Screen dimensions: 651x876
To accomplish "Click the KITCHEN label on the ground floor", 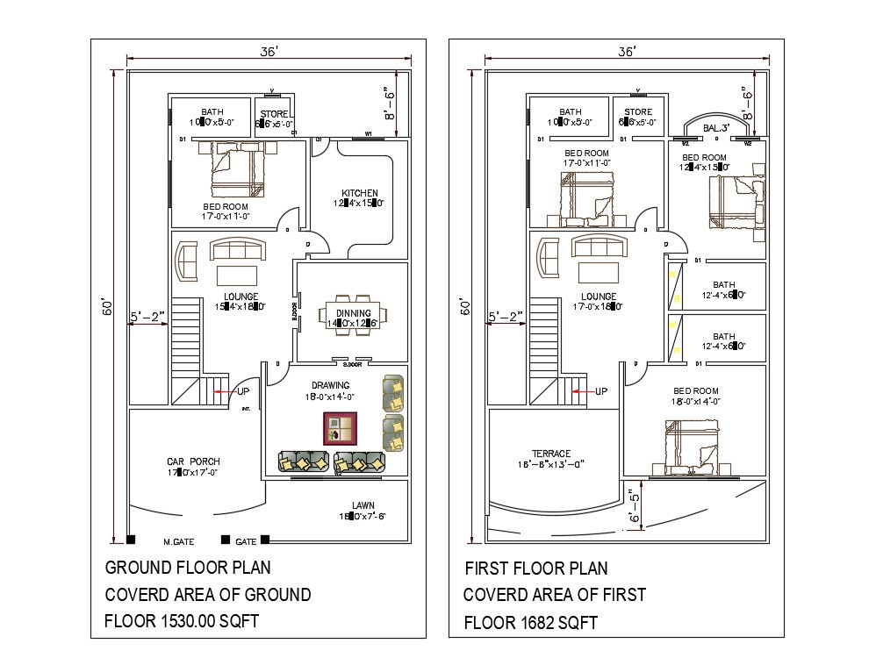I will [x=360, y=193].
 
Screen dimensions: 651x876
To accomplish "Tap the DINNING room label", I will [x=349, y=313].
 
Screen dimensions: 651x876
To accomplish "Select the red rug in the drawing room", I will [x=338, y=429].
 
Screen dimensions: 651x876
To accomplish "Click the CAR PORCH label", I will [x=193, y=461].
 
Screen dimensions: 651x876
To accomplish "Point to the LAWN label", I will [x=364, y=504].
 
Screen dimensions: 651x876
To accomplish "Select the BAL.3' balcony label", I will [x=716, y=128].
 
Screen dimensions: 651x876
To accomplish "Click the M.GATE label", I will [x=178, y=541].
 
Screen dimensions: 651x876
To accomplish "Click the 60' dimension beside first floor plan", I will [x=466, y=307].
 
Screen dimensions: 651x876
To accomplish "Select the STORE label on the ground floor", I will [x=275, y=112].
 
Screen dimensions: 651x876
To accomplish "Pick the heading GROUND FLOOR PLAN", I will [x=188, y=568].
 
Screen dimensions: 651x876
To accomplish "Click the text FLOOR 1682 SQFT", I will [x=530, y=623].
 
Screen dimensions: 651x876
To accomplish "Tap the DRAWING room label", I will [x=330, y=385].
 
